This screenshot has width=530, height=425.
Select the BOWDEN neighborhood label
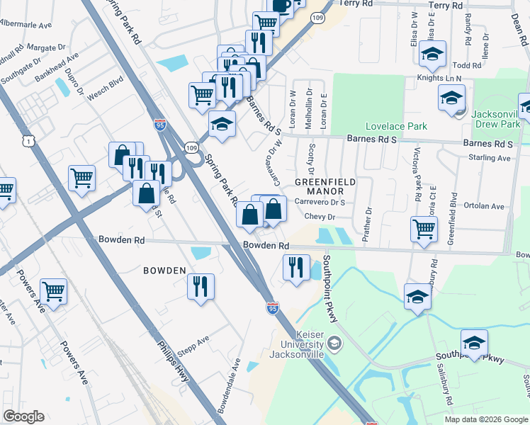pyautogui.click(x=164, y=271)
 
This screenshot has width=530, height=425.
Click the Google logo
pyautogui.click(x=23, y=416)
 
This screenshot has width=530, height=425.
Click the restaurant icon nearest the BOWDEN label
pyautogui.click(x=201, y=287)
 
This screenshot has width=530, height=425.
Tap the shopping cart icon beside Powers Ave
pyautogui.click(x=54, y=291)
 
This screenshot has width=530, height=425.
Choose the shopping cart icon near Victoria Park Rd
pyautogui.click(x=424, y=229)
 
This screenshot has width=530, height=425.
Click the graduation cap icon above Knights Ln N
pyautogui.click(x=432, y=54)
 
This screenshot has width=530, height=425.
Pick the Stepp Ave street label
pyautogui.click(x=194, y=342)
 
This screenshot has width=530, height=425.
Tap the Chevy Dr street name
pyautogui.click(x=320, y=217)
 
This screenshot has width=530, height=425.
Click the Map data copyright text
pyautogui.click(x=485, y=419)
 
